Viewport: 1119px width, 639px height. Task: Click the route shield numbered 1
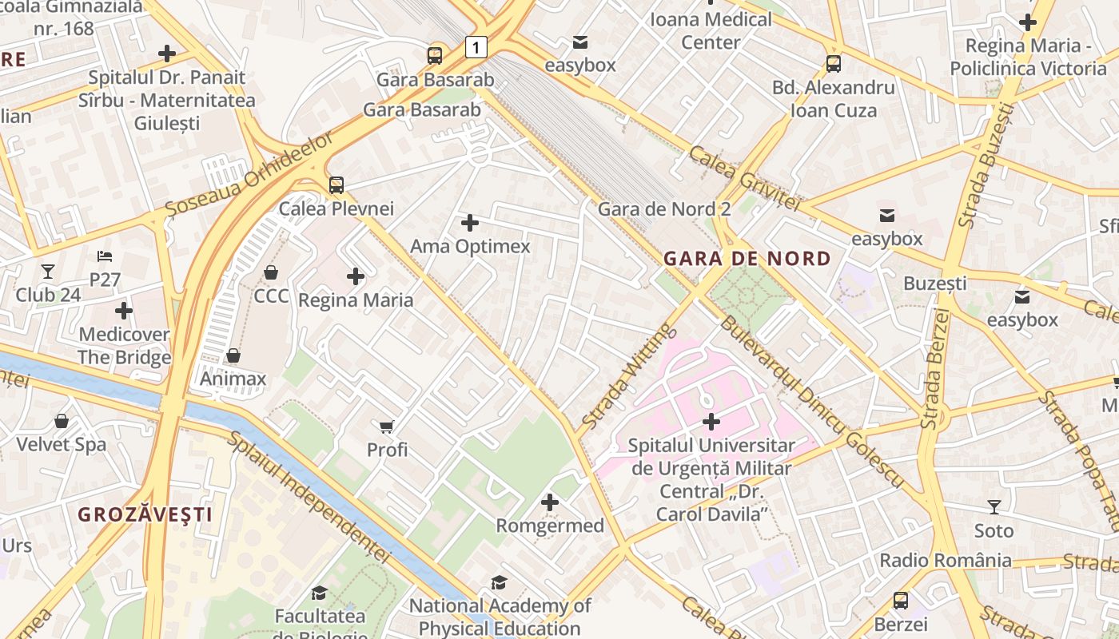[476, 48]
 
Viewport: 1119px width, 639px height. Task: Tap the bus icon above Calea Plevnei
[336, 185]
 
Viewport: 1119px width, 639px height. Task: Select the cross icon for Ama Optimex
[470, 223]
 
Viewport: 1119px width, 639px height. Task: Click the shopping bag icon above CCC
[271, 272]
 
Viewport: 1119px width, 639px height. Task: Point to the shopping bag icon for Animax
[233, 355]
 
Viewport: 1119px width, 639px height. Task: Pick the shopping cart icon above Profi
[387, 427]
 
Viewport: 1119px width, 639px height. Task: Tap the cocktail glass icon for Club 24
[48, 272]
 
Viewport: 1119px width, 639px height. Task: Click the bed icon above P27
[105, 256]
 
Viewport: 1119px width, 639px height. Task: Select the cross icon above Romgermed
[550, 502]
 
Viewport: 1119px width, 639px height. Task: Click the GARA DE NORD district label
[747, 259]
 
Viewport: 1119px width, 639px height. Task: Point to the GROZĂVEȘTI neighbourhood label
[145, 514]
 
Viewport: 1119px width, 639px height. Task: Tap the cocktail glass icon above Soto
[994, 507]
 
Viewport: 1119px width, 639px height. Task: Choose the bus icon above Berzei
[901, 600]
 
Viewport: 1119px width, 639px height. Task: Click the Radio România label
[946, 560]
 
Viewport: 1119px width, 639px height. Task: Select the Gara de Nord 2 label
[664, 209]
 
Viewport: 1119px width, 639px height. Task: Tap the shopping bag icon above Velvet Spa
[62, 421]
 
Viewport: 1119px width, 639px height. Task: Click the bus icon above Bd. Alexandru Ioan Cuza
[833, 64]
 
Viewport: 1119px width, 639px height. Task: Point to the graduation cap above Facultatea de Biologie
[319, 593]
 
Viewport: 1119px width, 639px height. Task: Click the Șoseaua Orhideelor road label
[249, 173]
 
